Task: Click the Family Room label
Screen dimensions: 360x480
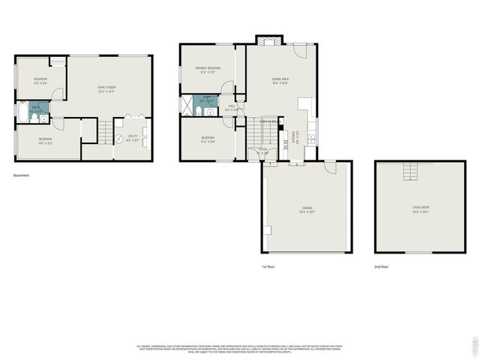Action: (x=106, y=89)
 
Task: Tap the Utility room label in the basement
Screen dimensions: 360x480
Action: (x=132, y=137)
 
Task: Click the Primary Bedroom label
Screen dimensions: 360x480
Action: (x=208, y=70)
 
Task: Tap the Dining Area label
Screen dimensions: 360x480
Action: (x=280, y=79)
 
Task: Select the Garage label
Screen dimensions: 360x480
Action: (x=307, y=209)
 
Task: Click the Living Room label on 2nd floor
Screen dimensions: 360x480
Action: (x=420, y=209)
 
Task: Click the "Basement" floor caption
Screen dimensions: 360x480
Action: (x=21, y=175)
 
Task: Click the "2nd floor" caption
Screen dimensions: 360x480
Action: (x=382, y=266)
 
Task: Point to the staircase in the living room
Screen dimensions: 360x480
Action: (x=409, y=172)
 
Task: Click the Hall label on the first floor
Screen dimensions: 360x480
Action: (x=232, y=108)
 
